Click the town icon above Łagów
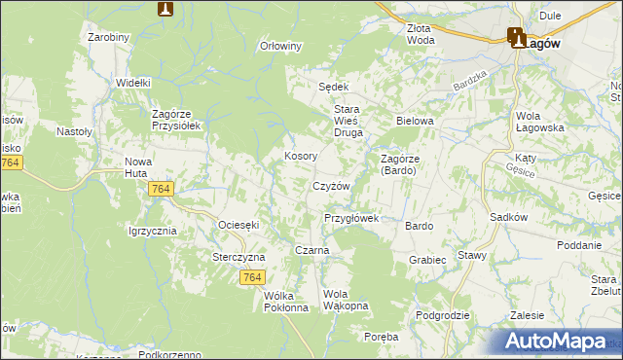pos(516,38)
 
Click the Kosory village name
pos(300,156)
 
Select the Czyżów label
pos(331,185)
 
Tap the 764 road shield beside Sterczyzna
pos(252,278)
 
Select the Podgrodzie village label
pos(443,315)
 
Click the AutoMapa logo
pos(554,341)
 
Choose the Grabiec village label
pos(427,260)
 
